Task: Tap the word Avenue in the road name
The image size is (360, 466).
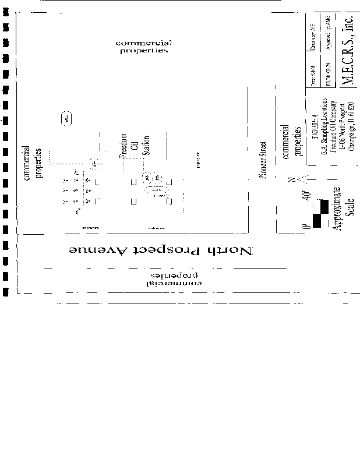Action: coord(91,250)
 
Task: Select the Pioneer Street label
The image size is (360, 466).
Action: coord(264,160)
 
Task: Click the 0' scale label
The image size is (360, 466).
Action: coord(305,225)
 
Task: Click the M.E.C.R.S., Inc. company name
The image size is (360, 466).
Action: coord(348,52)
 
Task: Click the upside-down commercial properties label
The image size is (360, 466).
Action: coord(172,279)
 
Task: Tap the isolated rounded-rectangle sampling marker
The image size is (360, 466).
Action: coord(66,119)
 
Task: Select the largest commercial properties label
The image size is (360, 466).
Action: coord(143,47)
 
